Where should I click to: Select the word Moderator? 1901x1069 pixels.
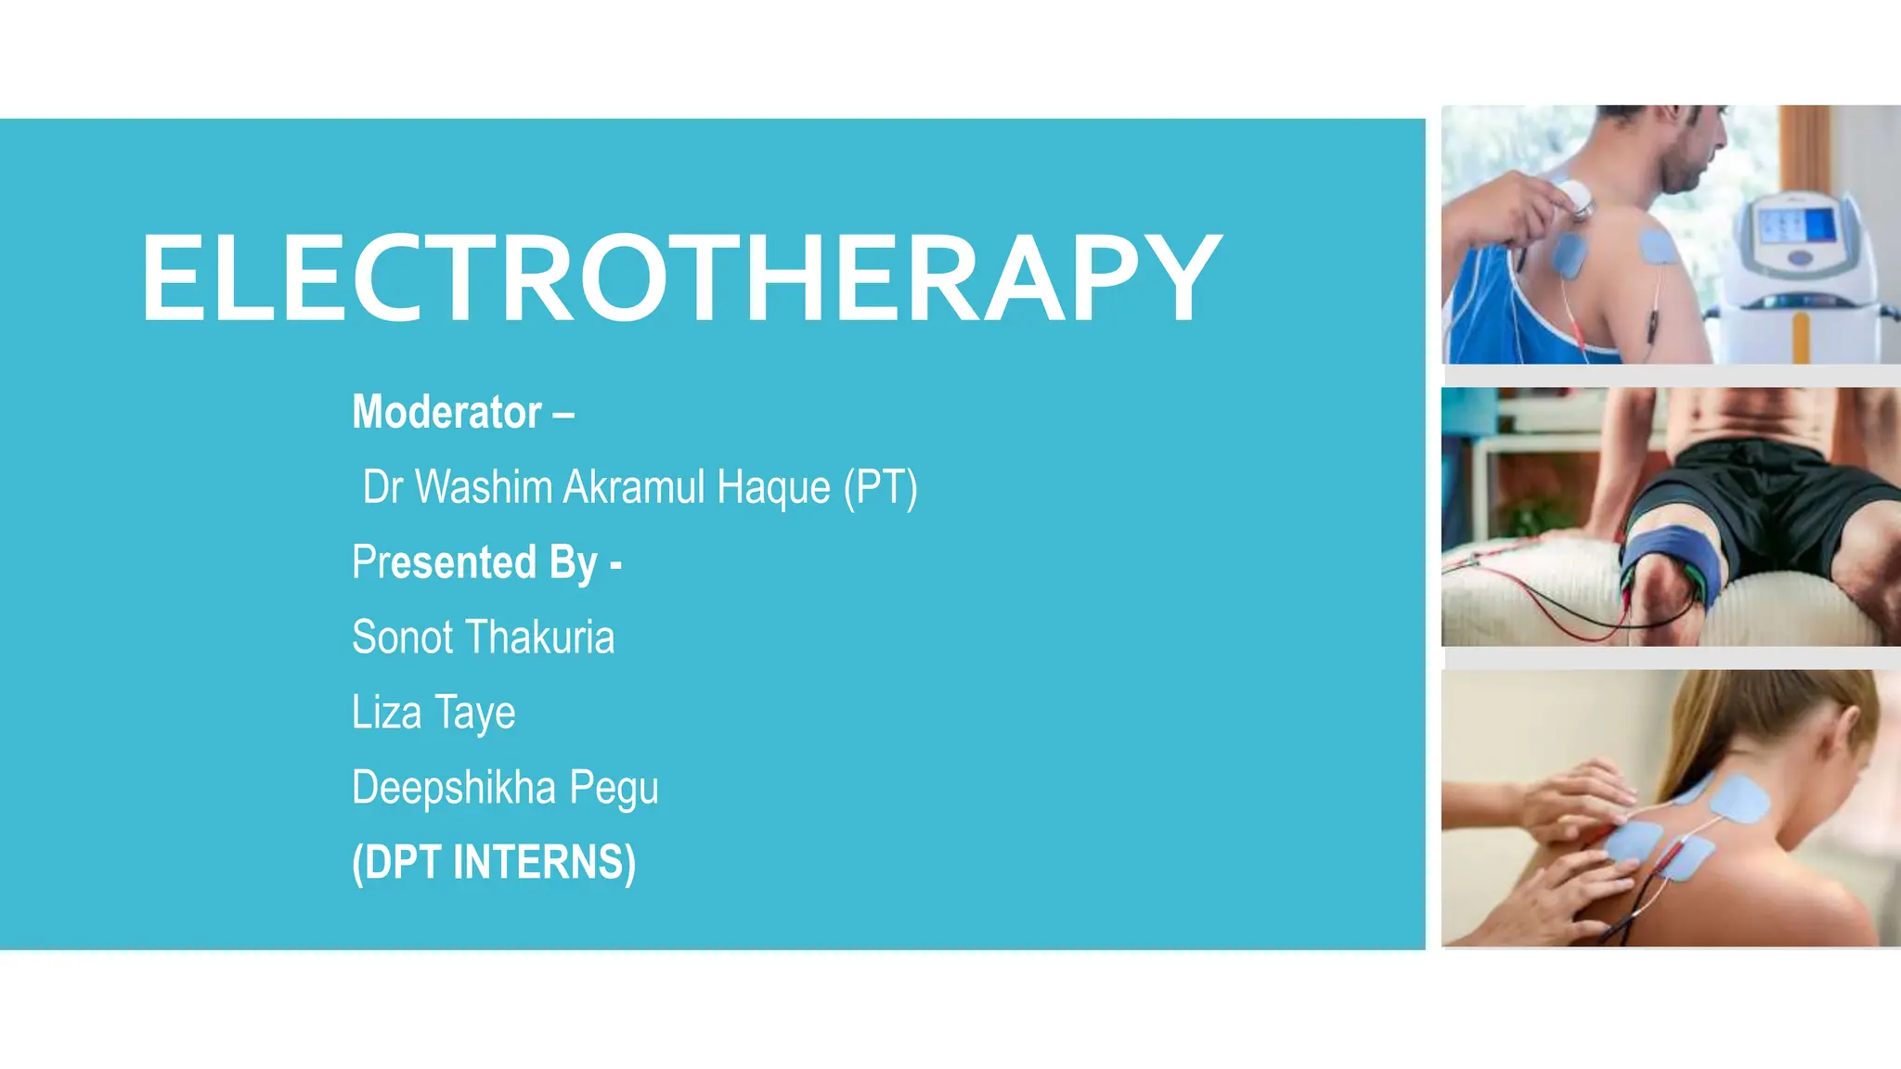coord(446,412)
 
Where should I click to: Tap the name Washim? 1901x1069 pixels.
coord(484,487)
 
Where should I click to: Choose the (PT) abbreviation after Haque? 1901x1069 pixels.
coord(880,488)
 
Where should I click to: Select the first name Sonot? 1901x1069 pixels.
coord(402,638)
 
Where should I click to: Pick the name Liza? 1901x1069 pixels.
coord(386,713)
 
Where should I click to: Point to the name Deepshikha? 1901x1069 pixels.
coord(454,788)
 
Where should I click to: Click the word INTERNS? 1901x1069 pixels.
coord(544,863)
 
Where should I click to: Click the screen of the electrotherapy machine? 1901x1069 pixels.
coord(1797,225)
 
